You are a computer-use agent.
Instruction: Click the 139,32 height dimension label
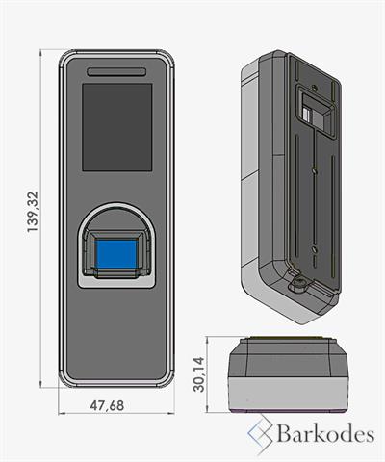coord(33,212)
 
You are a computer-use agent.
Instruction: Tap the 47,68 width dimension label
coord(107,405)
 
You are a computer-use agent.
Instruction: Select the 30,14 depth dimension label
coord(198,374)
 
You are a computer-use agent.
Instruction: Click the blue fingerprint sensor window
coord(116,254)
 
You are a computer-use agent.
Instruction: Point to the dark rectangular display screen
coord(116,127)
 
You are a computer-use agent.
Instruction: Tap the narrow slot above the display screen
coord(116,72)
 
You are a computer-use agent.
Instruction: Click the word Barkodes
coord(325,434)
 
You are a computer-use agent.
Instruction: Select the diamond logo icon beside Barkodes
coord(261,434)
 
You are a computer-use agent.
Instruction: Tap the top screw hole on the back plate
coord(315,88)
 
